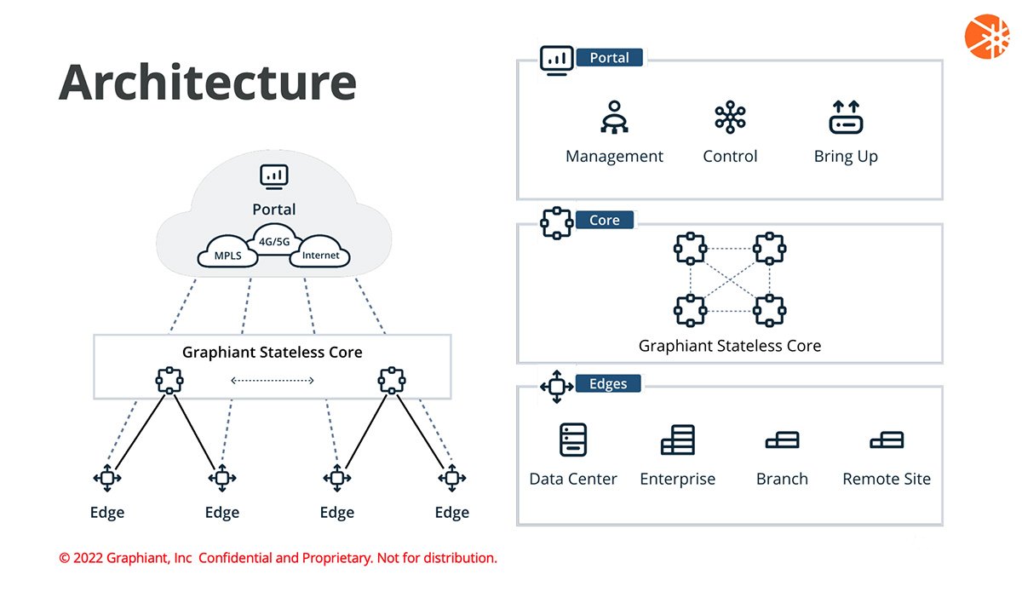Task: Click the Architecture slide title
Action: (x=207, y=83)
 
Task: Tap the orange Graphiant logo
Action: (x=986, y=37)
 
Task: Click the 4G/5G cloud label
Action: (x=273, y=241)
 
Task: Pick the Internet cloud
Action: (x=320, y=255)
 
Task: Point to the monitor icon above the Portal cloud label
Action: (x=273, y=176)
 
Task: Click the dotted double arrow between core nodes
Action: (x=273, y=380)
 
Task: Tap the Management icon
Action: (x=614, y=118)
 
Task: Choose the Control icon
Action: (x=730, y=118)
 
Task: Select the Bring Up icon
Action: (x=846, y=118)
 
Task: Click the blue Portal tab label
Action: (x=609, y=58)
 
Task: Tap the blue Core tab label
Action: (x=604, y=220)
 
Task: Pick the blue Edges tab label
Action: (x=608, y=383)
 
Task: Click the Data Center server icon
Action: (x=573, y=440)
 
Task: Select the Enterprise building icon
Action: (x=678, y=440)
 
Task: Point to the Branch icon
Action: (x=782, y=440)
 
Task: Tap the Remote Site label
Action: (x=887, y=479)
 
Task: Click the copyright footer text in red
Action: (x=278, y=558)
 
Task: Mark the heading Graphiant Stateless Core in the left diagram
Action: (x=272, y=352)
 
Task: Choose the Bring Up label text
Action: (x=846, y=157)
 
